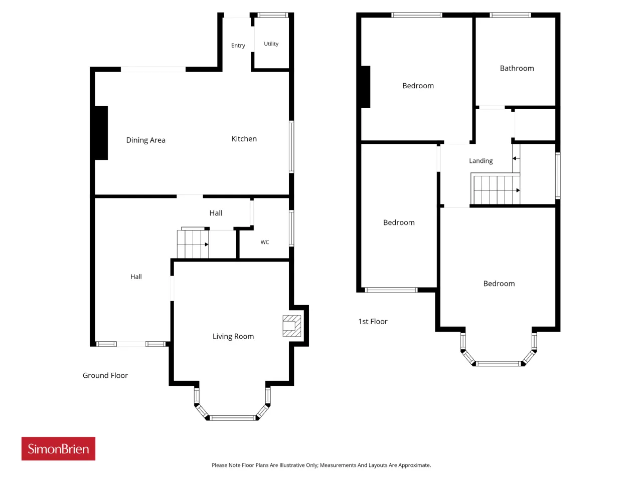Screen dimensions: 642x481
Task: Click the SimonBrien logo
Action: point(58,448)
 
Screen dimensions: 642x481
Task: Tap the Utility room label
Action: point(271,44)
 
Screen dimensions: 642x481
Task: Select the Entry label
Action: point(238,46)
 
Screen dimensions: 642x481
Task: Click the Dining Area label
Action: point(145,140)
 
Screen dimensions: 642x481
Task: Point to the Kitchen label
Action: point(244,139)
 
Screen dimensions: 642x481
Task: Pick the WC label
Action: point(265,242)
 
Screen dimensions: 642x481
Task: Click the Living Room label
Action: point(233,336)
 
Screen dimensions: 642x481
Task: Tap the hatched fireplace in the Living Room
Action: point(291,326)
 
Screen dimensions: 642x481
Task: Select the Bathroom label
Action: point(517,68)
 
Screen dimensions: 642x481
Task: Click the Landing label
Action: point(481,161)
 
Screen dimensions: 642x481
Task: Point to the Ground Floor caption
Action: point(105,375)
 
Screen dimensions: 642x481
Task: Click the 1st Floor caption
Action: point(373,322)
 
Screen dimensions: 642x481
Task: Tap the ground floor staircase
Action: point(193,244)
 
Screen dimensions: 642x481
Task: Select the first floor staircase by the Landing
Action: point(495,189)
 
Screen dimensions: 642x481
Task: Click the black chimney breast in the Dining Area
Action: point(101,133)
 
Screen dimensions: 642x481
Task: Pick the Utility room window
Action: point(272,15)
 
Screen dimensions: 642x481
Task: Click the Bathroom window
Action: point(510,15)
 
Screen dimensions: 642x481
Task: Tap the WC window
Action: point(291,228)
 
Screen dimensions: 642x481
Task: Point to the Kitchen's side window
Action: point(291,147)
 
